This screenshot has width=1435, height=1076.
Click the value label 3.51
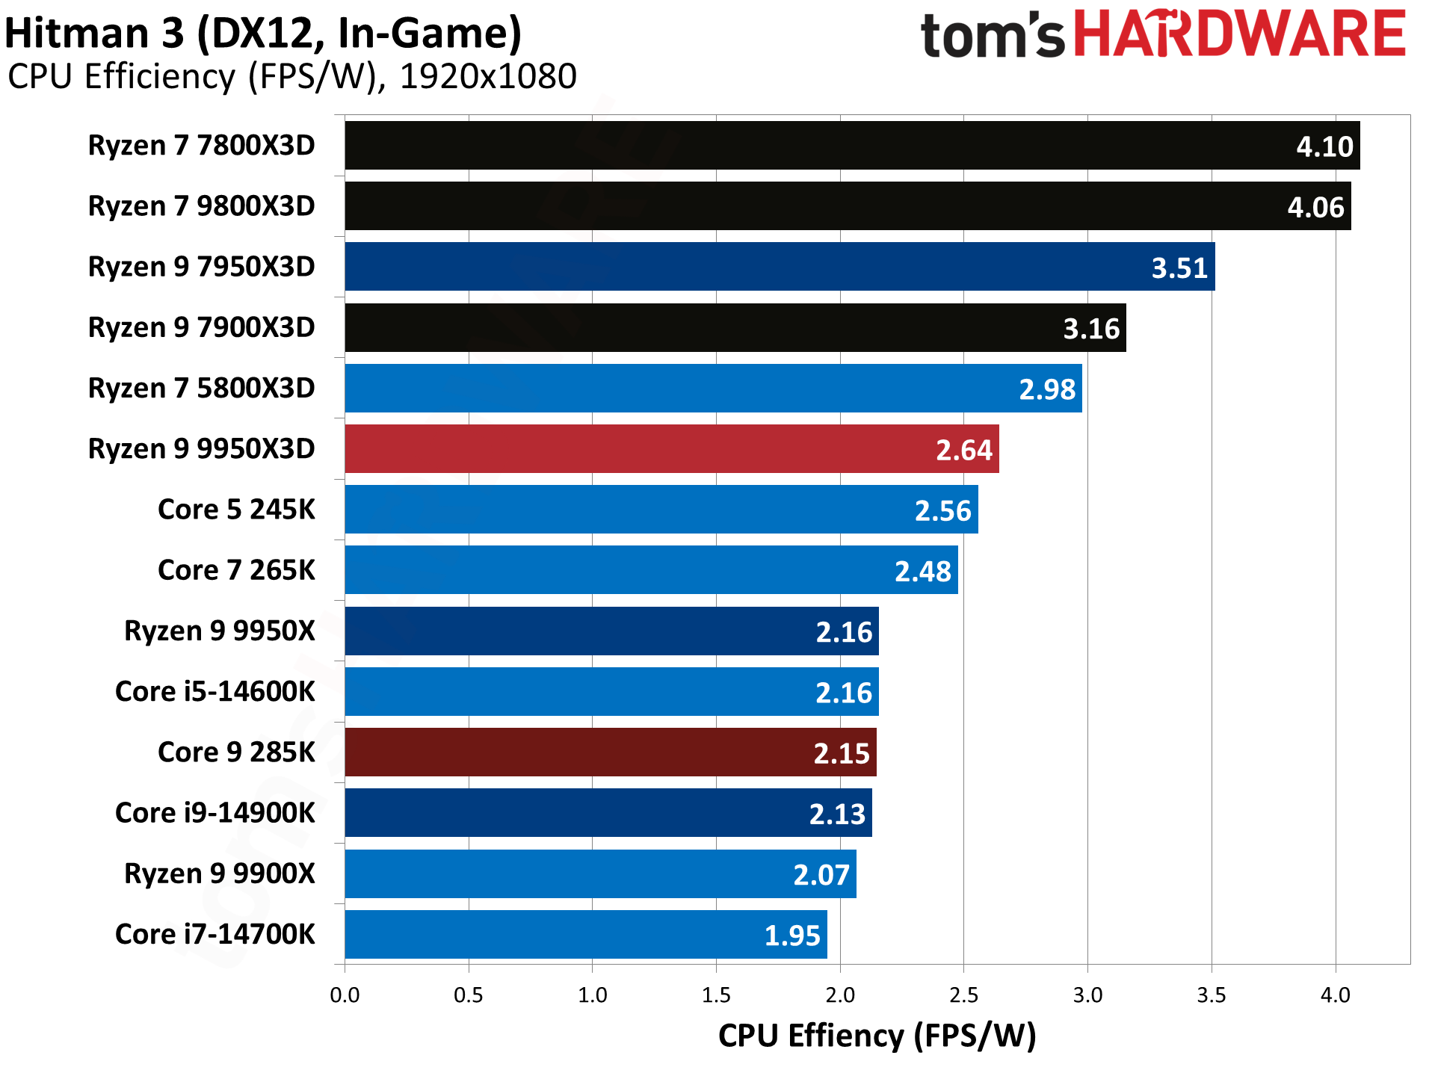click(x=1179, y=268)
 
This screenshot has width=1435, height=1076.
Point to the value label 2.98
click(x=1046, y=389)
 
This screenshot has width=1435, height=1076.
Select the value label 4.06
click(x=1315, y=207)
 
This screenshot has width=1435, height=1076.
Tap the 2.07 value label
click(x=821, y=874)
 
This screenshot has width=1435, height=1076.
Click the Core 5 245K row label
click(x=236, y=510)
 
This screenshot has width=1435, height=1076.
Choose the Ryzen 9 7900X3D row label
click(x=201, y=327)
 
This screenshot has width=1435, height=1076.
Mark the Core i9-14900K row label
click(x=215, y=813)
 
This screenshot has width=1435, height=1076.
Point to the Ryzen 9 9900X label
click(x=219, y=874)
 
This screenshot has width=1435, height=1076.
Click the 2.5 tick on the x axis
click(x=963, y=995)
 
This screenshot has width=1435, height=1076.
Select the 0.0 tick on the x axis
click(x=345, y=995)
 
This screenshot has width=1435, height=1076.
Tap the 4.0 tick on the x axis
click(x=1335, y=995)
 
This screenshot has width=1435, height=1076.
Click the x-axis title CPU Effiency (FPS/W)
click(x=877, y=1036)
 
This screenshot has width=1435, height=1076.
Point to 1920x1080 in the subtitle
click(x=488, y=77)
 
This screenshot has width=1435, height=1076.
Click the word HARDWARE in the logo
click(x=1239, y=35)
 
